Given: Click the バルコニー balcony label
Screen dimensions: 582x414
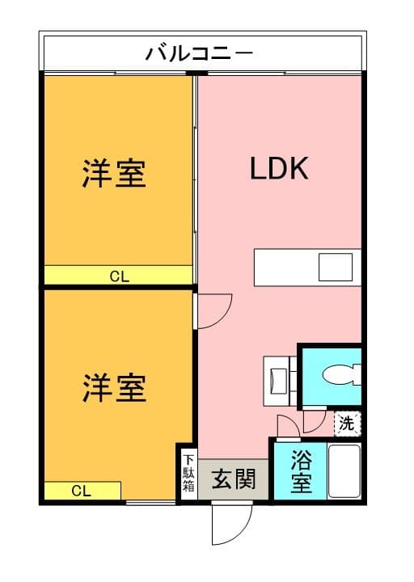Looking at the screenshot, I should point(200,54).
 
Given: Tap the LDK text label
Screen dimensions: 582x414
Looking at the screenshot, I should point(279,169).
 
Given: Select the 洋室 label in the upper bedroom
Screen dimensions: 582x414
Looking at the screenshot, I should point(115,174).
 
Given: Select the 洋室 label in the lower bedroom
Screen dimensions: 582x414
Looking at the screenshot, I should point(115,388).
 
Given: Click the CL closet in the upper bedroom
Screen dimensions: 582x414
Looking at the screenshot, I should point(119,276).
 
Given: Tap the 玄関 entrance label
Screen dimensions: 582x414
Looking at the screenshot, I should point(234,480).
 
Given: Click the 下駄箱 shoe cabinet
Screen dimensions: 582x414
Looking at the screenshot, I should point(188,474).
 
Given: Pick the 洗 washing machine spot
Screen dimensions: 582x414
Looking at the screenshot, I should point(346,422).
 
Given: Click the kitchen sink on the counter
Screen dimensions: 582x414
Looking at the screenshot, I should point(334,266).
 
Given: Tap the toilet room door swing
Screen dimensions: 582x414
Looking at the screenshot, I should point(315,421).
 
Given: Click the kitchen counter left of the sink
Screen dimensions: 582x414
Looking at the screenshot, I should point(285,267).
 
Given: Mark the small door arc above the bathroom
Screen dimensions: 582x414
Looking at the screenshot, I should point(286,426).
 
